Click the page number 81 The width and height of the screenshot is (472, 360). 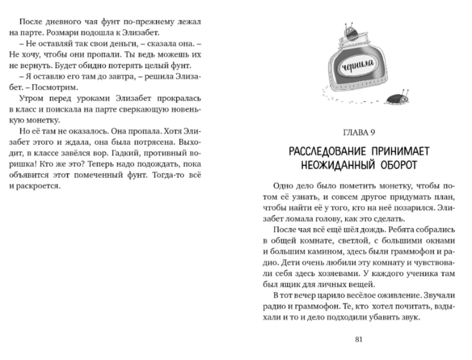point(360,339)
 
